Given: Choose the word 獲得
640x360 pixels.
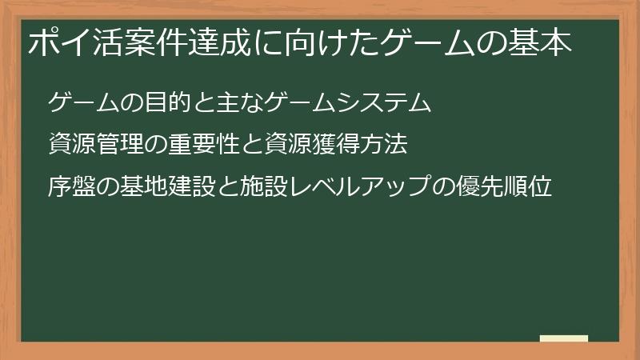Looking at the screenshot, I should (x=340, y=145).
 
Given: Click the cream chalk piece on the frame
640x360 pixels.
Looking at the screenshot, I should (x=563, y=338).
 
